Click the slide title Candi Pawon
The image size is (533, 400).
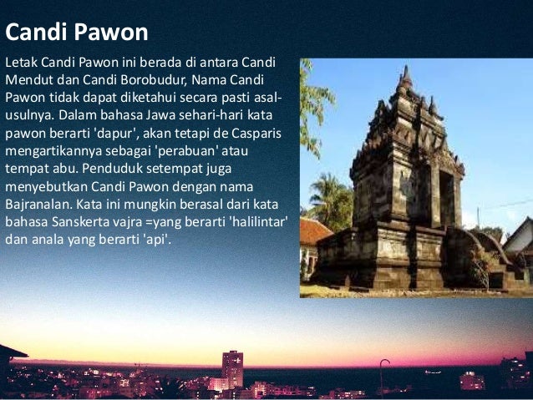tap(77, 33)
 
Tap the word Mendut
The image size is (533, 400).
tap(28, 81)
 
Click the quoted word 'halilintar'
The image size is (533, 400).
tap(251, 223)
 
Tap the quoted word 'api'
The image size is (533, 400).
tap(155, 241)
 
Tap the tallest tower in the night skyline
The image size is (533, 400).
tap(232, 368)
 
